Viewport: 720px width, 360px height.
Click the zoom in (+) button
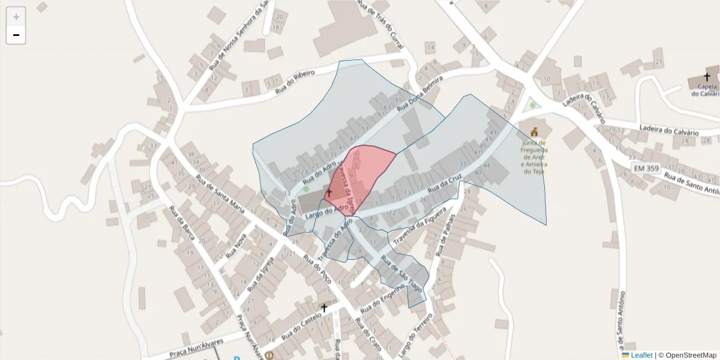[x=16, y=17]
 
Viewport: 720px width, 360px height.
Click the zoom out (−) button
[x=16, y=35]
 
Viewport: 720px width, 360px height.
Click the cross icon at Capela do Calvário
[x=707, y=77]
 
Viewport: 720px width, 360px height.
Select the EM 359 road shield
[x=647, y=169]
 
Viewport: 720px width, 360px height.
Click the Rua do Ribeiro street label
[x=295, y=82]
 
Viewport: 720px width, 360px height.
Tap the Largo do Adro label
[x=326, y=211]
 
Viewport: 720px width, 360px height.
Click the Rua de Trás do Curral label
[x=381, y=24]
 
